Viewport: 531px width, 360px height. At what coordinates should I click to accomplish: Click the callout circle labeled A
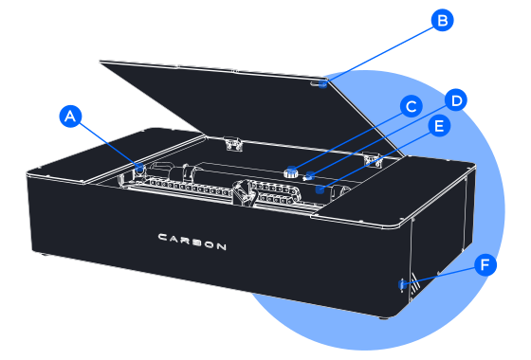70,116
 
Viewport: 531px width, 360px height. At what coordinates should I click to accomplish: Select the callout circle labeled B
442,20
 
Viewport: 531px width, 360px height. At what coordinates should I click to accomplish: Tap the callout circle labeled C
412,106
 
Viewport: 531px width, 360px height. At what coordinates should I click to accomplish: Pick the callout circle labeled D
456,100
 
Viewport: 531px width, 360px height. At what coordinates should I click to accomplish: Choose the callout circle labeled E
439,126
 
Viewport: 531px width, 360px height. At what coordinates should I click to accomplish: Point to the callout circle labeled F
485,264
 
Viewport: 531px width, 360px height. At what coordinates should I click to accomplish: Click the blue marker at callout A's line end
139,167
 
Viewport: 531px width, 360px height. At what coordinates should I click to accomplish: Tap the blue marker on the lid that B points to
323,83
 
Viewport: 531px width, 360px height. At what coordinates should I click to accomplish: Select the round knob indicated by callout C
291,172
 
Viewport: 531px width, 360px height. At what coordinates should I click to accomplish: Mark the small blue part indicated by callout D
309,176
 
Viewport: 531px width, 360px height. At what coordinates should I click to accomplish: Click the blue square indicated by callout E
320,189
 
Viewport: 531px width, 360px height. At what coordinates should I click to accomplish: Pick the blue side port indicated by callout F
403,284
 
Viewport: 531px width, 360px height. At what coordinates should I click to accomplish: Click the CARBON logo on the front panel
192,242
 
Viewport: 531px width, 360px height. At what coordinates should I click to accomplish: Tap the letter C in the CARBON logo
162,237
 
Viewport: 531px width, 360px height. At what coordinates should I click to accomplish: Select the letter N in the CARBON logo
221,246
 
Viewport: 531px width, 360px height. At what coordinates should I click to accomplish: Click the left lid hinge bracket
232,143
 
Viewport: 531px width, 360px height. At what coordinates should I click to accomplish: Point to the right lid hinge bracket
374,160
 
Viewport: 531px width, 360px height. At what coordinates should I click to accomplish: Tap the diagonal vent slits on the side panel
415,288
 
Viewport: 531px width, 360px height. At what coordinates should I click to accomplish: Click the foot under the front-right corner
384,317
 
